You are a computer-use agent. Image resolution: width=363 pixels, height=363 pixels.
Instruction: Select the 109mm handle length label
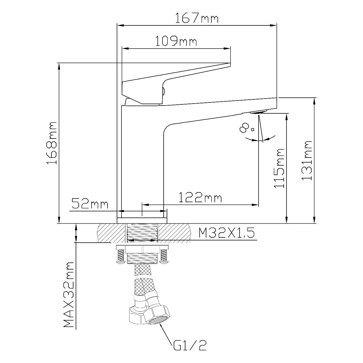(x=176, y=41)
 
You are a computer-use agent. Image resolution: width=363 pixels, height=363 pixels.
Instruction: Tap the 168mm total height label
(x=52, y=143)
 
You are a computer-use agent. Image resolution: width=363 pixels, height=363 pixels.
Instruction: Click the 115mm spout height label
(x=279, y=168)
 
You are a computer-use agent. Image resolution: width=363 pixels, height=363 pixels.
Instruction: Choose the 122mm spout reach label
(x=200, y=197)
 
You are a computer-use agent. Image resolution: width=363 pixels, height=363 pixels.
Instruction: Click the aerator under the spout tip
(x=258, y=113)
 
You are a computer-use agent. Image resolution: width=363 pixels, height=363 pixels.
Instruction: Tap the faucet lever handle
(x=176, y=83)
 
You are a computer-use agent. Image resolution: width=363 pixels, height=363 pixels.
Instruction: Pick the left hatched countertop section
(x=111, y=233)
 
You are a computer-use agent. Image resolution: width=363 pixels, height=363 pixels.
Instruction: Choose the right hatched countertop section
(x=175, y=233)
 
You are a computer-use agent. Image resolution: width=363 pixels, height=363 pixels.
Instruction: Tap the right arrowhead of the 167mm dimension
(x=273, y=25)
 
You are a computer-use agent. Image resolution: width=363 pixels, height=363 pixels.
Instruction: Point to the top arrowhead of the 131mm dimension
(x=314, y=102)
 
